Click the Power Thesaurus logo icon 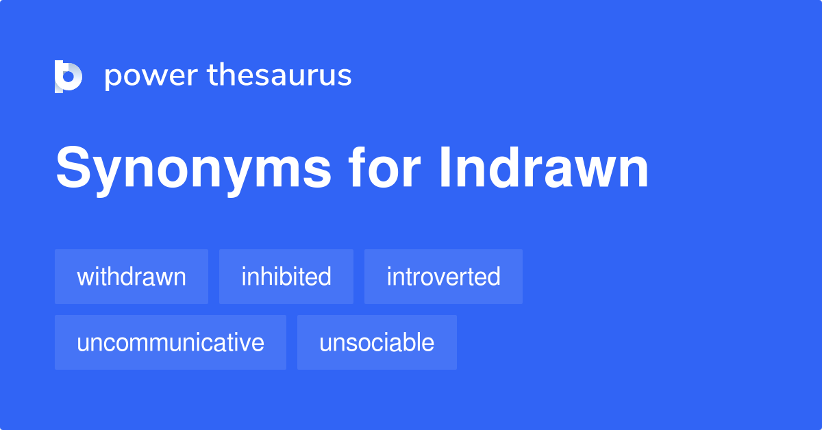[68, 76]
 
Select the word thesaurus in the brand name [279, 75]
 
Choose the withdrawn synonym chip [132, 277]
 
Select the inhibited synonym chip [286, 277]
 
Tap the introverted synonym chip [443, 277]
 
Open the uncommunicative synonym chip [171, 342]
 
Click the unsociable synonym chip [377, 342]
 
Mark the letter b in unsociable [399, 342]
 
